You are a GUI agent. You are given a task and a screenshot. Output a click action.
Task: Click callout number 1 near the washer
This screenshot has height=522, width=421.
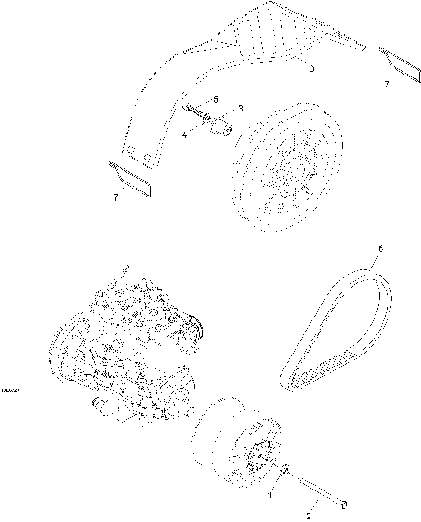[x=271, y=495]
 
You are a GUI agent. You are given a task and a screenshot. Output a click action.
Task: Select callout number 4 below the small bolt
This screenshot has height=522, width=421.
[x=185, y=135]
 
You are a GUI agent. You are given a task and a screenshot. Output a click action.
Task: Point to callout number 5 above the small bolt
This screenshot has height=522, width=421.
[x=214, y=100]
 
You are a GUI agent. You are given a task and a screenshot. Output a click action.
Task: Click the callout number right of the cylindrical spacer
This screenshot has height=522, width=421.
[x=240, y=109]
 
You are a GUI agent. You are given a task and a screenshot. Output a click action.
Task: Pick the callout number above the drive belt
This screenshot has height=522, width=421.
[x=379, y=249]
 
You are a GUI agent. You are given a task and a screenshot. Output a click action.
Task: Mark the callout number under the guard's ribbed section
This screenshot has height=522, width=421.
[x=311, y=67]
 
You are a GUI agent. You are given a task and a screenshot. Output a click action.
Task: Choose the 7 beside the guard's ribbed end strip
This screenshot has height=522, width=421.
[x=386, y=83]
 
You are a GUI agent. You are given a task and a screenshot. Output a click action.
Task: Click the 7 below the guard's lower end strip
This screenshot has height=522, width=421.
[x=115, y=197]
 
